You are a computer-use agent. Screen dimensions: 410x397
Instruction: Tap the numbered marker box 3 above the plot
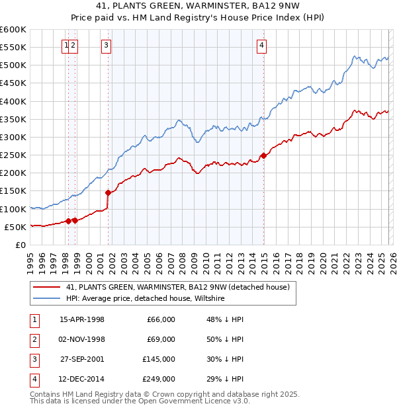106,46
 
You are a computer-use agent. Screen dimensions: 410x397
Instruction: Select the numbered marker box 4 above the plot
262,46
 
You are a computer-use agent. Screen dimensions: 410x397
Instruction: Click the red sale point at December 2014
263,155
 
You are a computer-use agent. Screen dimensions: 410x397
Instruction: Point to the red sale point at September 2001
109,192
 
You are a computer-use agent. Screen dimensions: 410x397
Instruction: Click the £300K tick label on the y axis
13,138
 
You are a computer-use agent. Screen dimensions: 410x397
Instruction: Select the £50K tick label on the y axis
15,227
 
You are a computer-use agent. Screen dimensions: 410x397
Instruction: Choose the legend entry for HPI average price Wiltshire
146,299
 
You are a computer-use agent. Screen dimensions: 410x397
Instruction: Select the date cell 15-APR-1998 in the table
82,319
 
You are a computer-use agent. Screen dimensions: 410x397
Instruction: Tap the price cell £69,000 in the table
160,339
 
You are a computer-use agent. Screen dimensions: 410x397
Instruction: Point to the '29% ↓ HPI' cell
224,379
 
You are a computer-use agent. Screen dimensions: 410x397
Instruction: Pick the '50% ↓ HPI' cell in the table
224,339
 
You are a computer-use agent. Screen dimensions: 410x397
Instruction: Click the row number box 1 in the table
33,319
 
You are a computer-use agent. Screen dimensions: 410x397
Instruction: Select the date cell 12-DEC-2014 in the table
82,379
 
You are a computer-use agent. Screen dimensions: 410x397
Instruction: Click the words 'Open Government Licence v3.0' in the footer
195,401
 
